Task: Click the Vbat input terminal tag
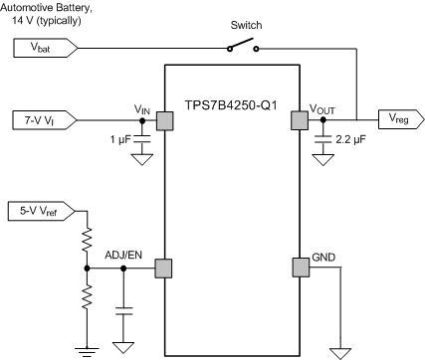(x=37, y=47)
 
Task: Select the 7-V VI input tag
(x=39, y=120)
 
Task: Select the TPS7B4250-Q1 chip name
(x=231, y=101)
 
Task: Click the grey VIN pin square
(x=164, y=120)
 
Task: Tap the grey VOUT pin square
(x=298, y=120)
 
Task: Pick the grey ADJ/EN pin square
(x=164, y=268)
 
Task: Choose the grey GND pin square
(x=298, y=268)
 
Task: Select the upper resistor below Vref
(x=87, y=240)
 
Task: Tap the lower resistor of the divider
(x=87, y=295)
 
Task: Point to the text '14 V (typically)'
(x=44, y=21)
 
